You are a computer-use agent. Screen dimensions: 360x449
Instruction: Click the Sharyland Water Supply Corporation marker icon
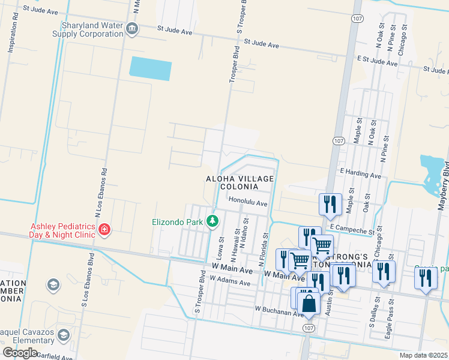point(132,29)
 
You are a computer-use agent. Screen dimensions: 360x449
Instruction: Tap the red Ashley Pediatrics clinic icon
point(104,230)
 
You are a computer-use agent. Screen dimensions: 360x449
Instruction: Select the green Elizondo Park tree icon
point(212,221)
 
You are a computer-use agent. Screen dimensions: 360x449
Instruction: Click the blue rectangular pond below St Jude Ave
point(151,68)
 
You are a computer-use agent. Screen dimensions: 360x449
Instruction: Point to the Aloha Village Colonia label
point(240,183)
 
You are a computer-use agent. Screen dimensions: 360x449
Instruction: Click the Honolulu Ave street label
point(247,203)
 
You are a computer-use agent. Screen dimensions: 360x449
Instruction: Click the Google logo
point(19,353)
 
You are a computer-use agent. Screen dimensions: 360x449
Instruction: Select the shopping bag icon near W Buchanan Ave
point(309,303)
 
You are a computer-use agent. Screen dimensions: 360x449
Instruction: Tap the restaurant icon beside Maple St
point(330,203)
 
